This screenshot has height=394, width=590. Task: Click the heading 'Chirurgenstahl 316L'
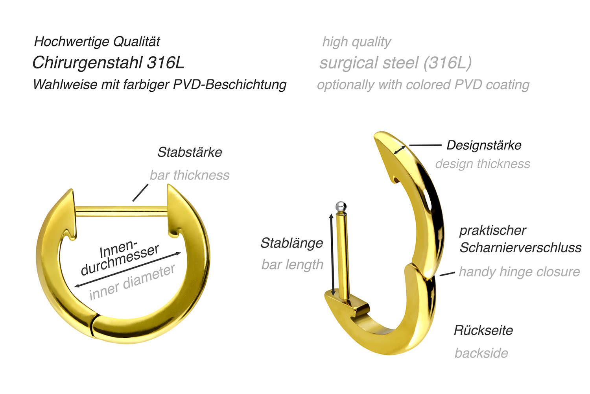click(x=108, y=63)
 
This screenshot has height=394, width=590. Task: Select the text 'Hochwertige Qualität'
click(x=97, y=42)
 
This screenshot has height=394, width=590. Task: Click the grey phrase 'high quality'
click(x=357, y=42)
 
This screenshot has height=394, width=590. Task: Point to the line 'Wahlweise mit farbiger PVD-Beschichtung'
click(x=160, y=85)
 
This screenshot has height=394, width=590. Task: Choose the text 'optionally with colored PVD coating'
click(x=423, y=85)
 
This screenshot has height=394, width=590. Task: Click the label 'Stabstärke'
click(x=190, y=152)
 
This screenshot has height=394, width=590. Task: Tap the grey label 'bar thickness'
click(x=190, y=175)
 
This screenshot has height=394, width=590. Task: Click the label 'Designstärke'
click(x=484, y=145)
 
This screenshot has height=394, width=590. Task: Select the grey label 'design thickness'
click(x=483, y=164)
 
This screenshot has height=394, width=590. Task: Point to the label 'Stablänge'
click(x=291, y=243)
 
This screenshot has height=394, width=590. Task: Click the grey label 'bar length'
click(x=292, y=265)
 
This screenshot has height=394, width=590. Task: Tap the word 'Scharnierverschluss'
click(x=520, y=248)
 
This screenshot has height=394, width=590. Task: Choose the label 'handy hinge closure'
click(x=519, y=272)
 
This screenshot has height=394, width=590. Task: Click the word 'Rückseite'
click(x=483, y=330)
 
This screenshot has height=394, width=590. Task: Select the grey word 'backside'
click(x=481, y=353)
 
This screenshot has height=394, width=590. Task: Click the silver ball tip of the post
click(x=341, y=206)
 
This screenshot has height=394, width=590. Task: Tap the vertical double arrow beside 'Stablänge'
click(x=332, y=255)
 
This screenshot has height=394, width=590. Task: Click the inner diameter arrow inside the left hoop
click(x=127, y=270)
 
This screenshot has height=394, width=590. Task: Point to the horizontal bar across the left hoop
click(x=122, y=212)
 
